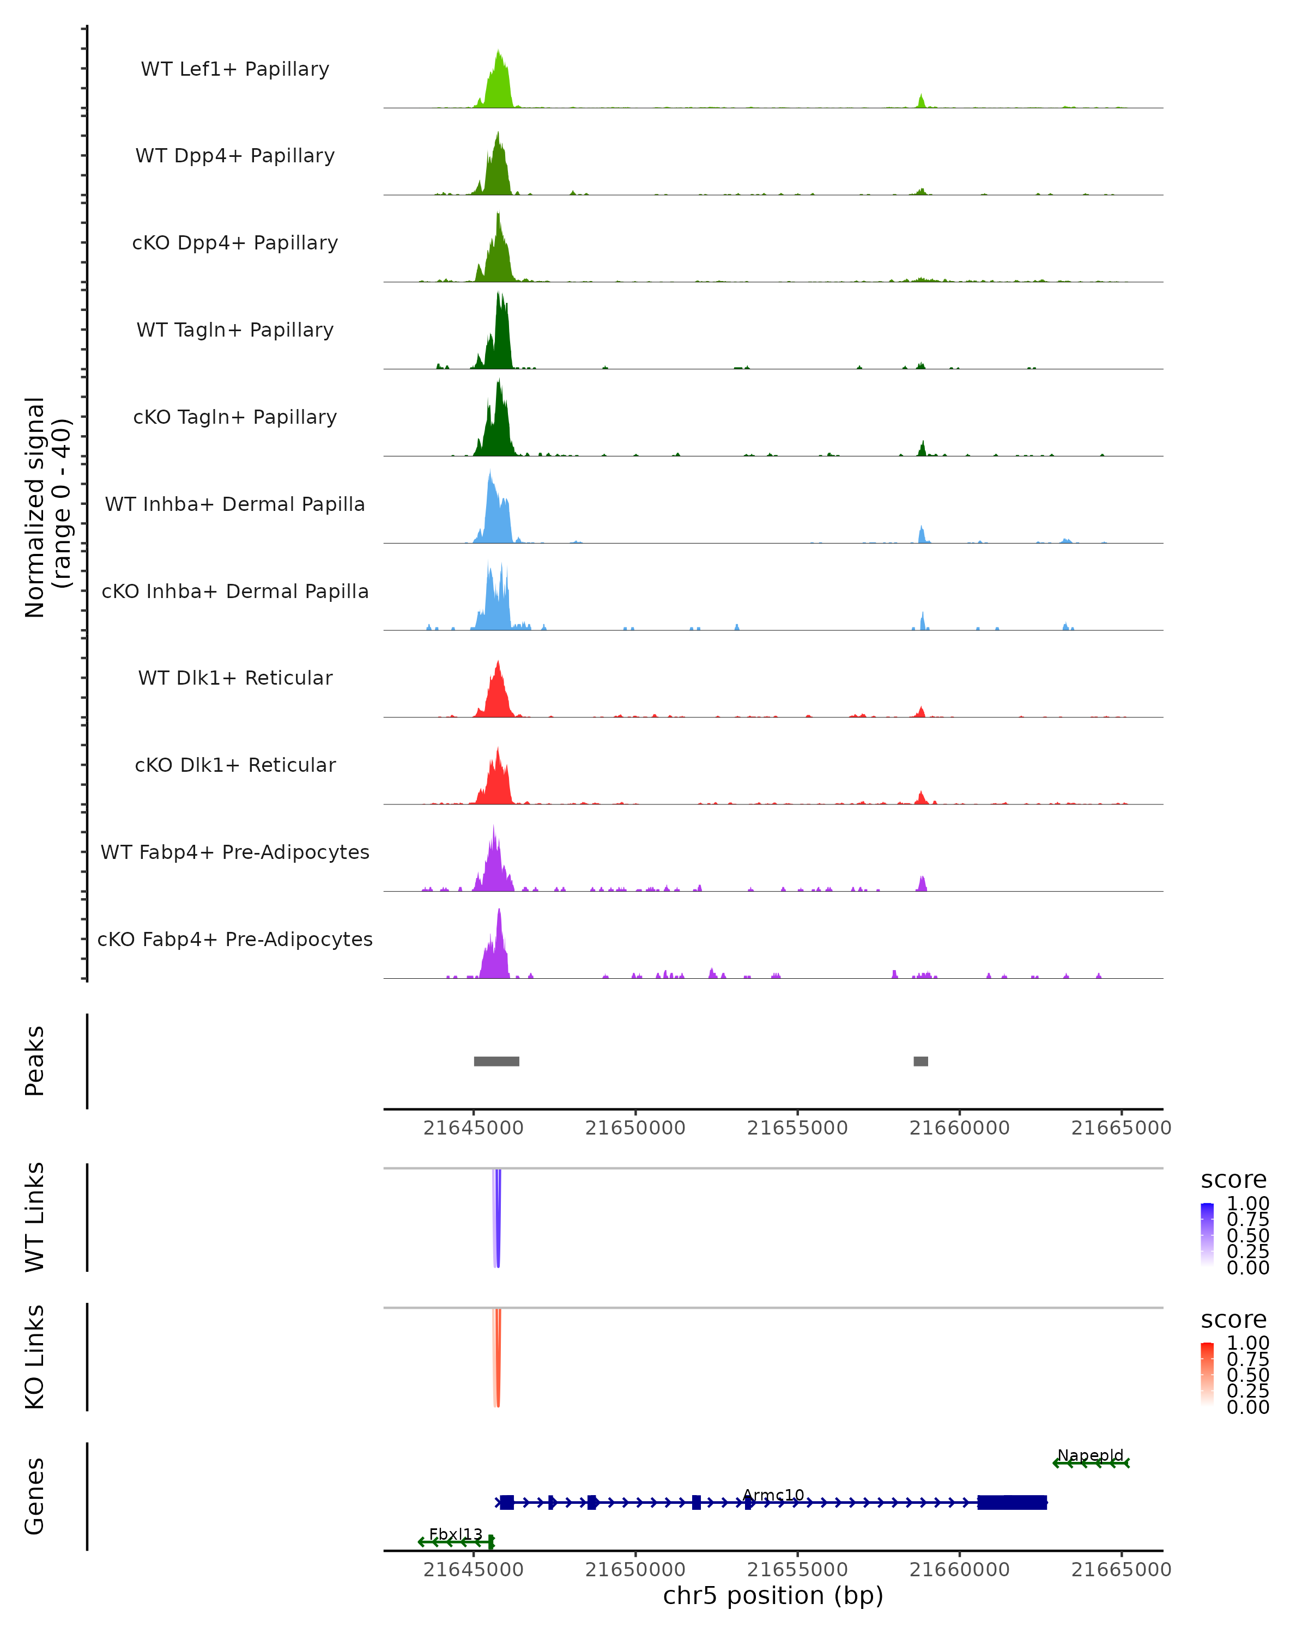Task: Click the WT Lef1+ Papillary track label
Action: (235, 69)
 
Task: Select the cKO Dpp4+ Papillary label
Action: (235, 243)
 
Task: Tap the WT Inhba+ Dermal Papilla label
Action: (235, 505)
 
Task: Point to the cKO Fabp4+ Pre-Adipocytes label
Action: (235, 940)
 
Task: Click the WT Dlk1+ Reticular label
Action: (235, 678)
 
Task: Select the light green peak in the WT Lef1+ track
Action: (498, 83)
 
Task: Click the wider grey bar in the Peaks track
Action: (496, 1061)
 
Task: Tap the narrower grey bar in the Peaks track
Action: (921, 1061)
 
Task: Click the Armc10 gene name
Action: (773, 1495)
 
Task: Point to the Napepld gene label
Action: (1091, 1455)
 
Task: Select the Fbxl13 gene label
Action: (455, 1534)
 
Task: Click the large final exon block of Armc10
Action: (1012, 1502)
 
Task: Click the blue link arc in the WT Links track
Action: (498, 1220)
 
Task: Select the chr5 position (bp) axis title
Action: (773, 1596)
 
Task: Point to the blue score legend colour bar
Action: (1207, 1235)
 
